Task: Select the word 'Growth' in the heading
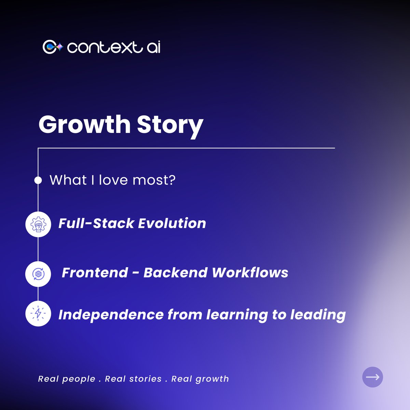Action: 84,124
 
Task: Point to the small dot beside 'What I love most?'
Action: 38,180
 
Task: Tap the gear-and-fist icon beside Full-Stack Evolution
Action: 38,224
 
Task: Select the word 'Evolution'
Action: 172,223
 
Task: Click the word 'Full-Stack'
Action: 96,223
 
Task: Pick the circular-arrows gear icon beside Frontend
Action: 38,274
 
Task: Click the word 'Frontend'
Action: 95,273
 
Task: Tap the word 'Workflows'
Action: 250,273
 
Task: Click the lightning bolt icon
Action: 38,314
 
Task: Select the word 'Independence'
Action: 111,315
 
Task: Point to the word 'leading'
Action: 318,315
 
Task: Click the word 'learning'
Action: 237,315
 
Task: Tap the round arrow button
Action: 372,377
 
